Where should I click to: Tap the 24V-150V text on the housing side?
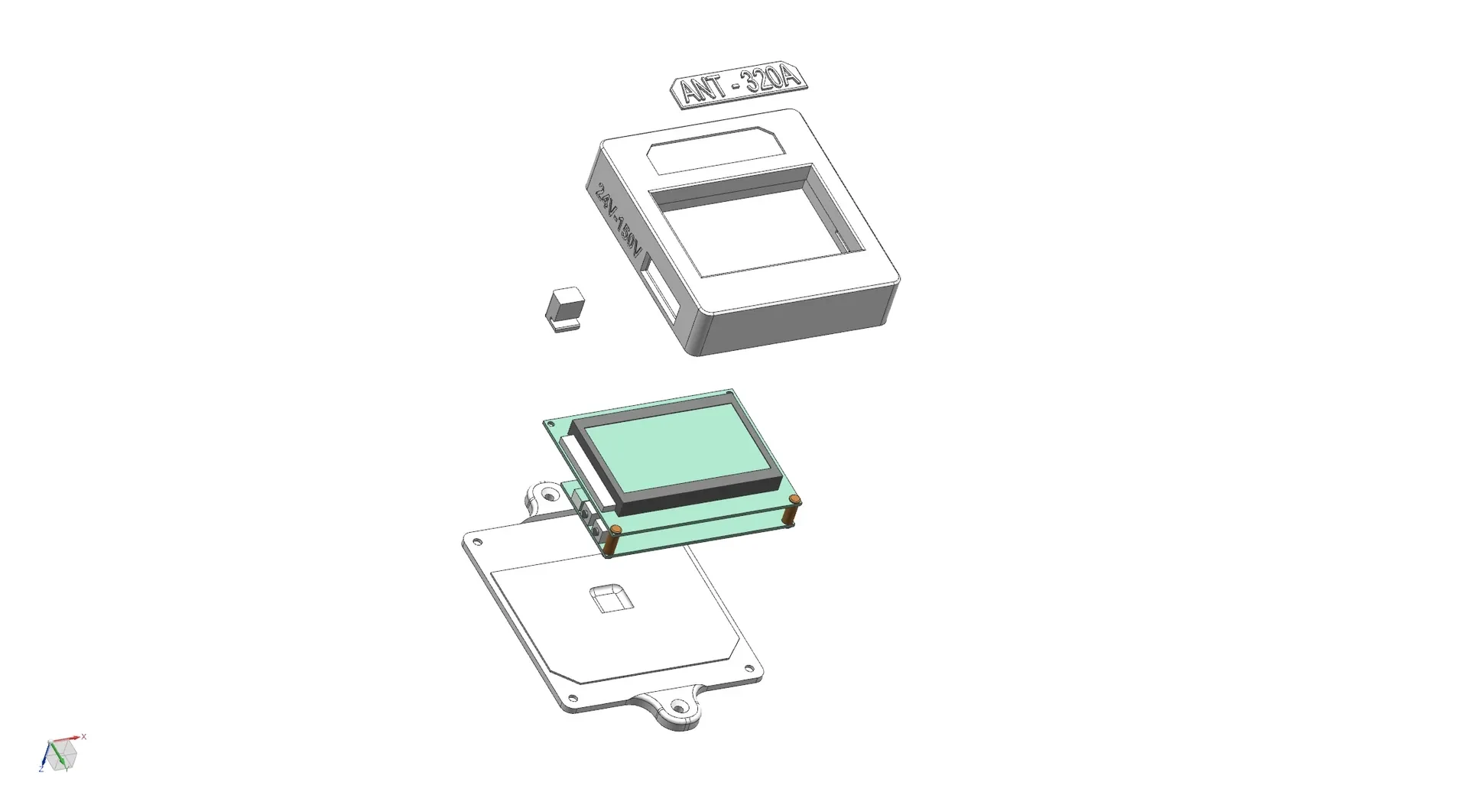point(619,220)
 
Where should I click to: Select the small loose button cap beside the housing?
point(564,309)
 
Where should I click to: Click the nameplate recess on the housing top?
point(715,150)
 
